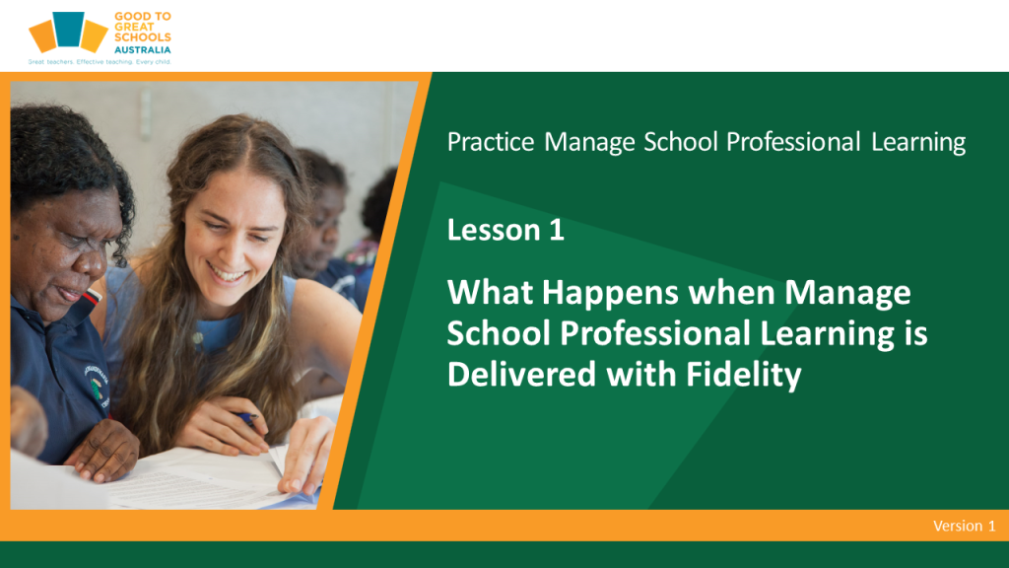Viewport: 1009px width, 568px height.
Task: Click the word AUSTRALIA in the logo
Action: [x=142, y=49]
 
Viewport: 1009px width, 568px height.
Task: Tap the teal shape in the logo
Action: [x=68, y=29]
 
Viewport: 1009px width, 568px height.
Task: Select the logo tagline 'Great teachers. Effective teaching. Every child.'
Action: [x=100, y=62]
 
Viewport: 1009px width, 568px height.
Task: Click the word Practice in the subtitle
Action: [x=491, y=142]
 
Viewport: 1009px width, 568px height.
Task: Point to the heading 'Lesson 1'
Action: [x=505, y=230]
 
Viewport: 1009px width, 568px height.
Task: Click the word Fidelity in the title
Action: [x=743, y=374]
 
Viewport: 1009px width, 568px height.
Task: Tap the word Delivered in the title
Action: [x=521, y=374]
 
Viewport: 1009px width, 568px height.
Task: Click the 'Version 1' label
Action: [x=964, y=526]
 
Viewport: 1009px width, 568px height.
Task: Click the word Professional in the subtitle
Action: [x=793, y=142]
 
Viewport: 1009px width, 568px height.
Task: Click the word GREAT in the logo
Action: [x=134, y=27]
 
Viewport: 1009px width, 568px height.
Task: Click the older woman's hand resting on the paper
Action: [x=103, y=450]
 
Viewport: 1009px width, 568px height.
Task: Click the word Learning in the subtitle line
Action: [x=918, y=143]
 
